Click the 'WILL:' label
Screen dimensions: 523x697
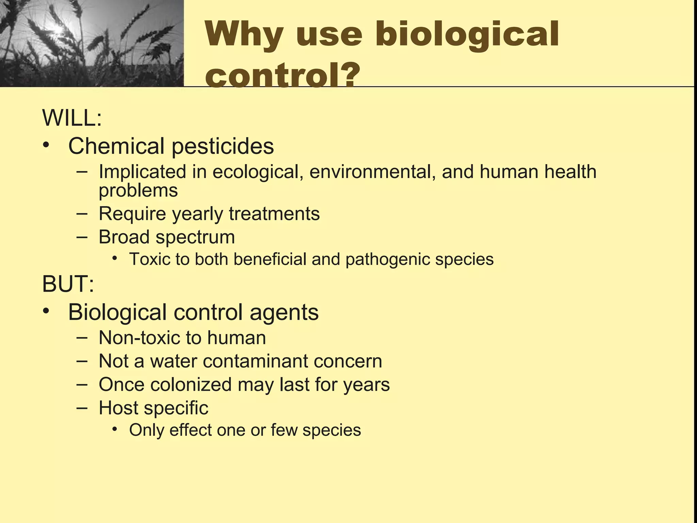pyautogui.click(x=72, y=118)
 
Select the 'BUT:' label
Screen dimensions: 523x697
pyautogui.click(x=68, y=284)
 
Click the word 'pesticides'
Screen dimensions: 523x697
pyautogui.click(x=222, y=146)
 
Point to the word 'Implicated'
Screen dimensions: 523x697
pyautogui.click(x=142, y=172)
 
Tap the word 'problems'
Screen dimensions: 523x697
pyautogui.click(x=138, y=191)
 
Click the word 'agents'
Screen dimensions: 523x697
pyautogui.click(x=284, y=312)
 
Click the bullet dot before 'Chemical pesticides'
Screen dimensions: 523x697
pyautogui.click(x=46, y=145)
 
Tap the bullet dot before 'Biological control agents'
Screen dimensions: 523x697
pyautogui.click(x=46, y=311)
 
